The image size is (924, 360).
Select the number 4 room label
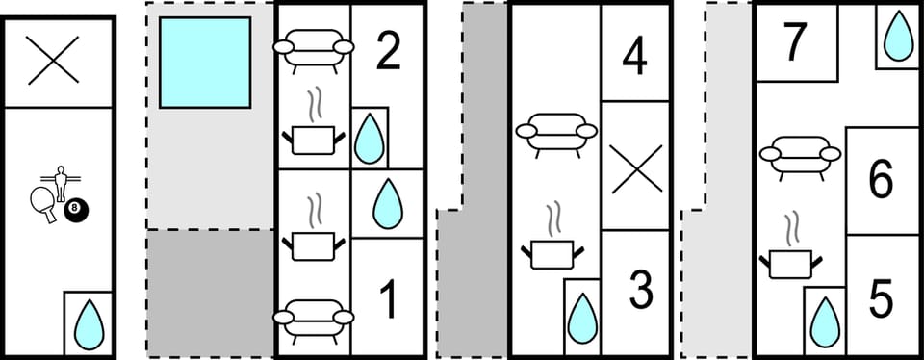634,57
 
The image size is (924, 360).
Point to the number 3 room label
640,290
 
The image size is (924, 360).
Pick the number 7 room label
794,42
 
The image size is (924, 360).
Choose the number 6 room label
881,180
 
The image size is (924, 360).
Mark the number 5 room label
881,300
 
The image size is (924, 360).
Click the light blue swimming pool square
205,63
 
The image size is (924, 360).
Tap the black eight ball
73,209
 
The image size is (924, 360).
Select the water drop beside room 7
897,37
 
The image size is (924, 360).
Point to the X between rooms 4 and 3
636,166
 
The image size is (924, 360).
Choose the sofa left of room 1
313,316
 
